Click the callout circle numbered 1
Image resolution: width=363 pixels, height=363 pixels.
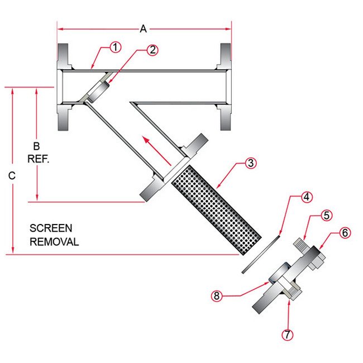(114, 47)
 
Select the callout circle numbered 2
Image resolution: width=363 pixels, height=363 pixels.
(152, 50)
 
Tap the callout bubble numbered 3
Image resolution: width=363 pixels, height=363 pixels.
(251, 164)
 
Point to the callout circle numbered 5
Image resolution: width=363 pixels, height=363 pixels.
(327, 216)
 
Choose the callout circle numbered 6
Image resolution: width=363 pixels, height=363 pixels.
(345, 233)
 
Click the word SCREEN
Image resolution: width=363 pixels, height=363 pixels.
(51, 228)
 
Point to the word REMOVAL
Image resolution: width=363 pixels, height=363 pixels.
(54, 242)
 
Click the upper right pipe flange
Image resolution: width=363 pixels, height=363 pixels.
(225, 58)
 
